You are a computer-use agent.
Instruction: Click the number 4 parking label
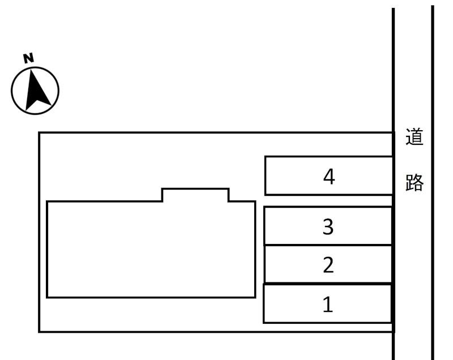click(329, 177)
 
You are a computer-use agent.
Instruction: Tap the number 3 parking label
click(328, 227)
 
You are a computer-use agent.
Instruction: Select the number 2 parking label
click(328, 265)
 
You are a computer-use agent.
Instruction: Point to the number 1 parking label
click(328, 305)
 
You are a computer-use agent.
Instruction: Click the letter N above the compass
click(28, 57)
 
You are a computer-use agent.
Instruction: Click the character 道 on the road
click(414, 138)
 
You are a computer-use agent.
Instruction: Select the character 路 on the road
click(414, 182)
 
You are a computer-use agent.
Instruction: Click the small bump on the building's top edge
click(195, 194)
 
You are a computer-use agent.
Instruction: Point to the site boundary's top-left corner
click(39, 133)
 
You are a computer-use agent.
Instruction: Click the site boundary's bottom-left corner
click(39, 331)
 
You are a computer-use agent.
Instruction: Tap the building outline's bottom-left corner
click(47, 297)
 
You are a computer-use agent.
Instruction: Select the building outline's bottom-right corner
click(255, 297)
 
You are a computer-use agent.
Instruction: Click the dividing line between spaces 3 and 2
click(328, 245)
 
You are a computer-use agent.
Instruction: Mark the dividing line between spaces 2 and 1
click(328, 283)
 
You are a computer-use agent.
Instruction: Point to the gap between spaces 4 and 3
click(328, 201)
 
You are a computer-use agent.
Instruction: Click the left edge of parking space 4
click(266, 175)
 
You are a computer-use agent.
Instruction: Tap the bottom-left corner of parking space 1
click(264, 323)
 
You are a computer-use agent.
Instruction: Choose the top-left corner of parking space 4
click(266, 157)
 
